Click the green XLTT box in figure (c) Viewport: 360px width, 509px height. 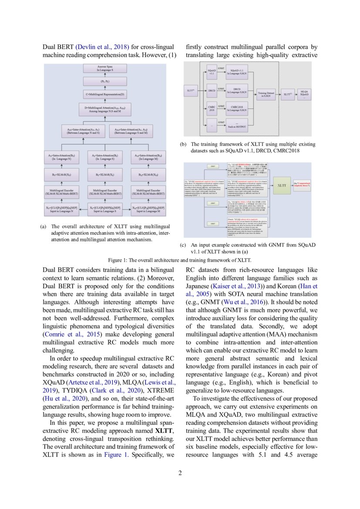coord(282,185)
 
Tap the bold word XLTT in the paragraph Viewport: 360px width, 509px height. coord(164,431)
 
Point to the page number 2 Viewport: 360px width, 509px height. coord(180,473)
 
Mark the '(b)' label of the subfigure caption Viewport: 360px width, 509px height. coord(183,144)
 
